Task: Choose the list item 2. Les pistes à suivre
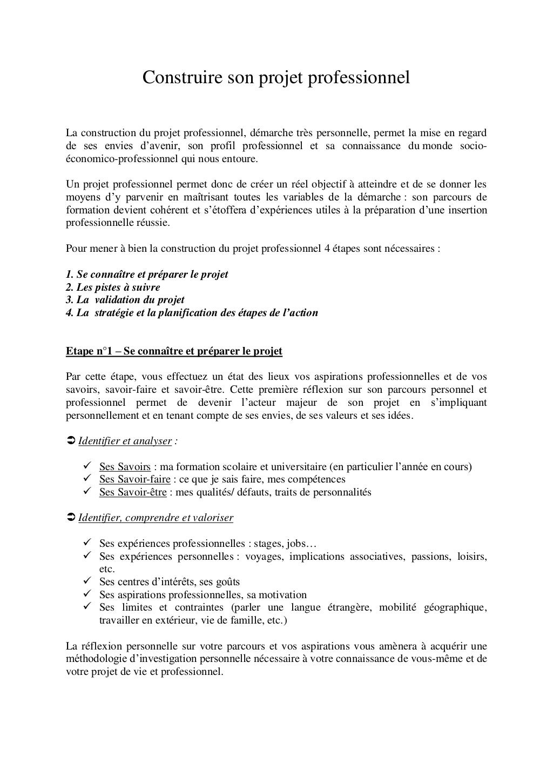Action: point(112,287)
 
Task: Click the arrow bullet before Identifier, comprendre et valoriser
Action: point(70,518)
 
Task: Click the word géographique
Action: point(455,608)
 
